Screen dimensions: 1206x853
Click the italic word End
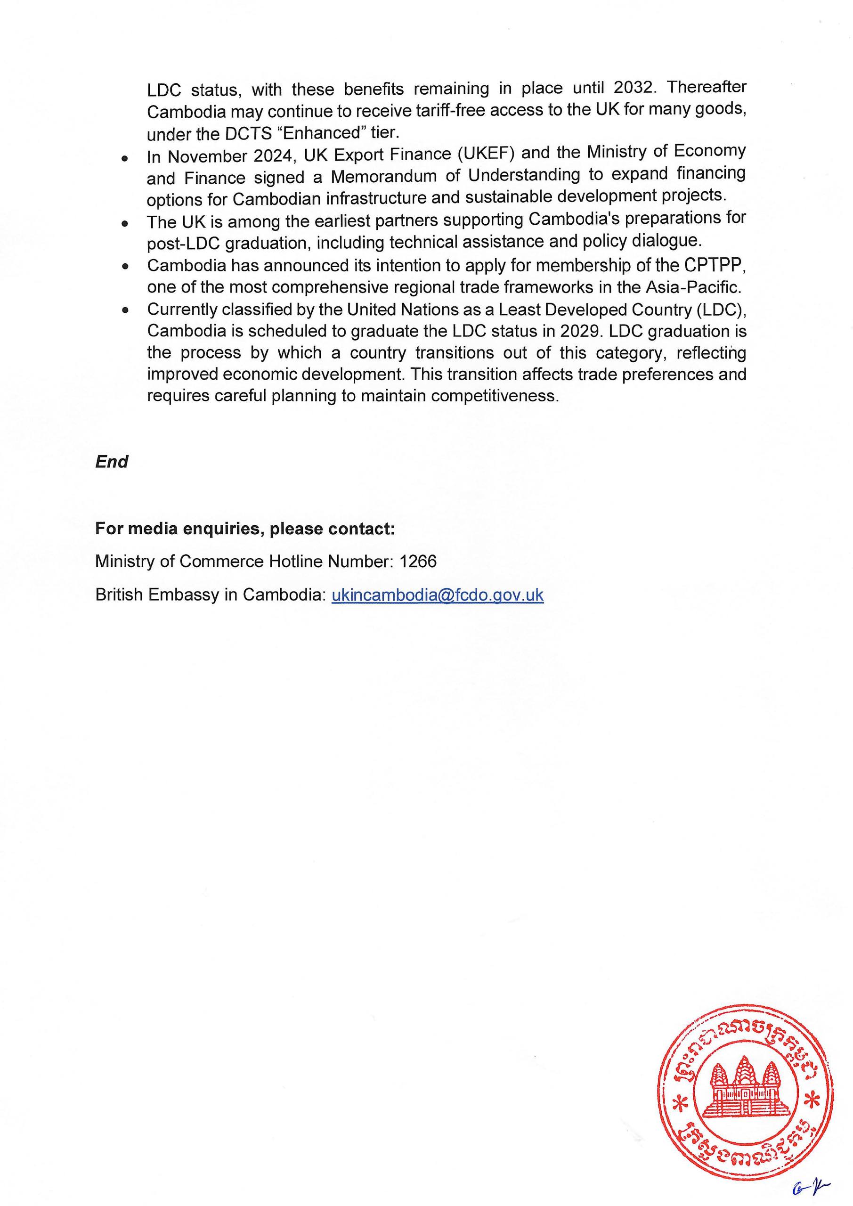tap(111, 462)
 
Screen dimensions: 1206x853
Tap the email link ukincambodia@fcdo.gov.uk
tap(438, 595)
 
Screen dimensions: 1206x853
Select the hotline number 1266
tap(418, 562)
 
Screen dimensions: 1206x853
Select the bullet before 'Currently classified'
tap(124, 310)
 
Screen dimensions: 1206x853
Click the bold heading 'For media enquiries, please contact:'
tap(245, 529)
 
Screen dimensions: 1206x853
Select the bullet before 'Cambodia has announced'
tap(124, 266)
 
